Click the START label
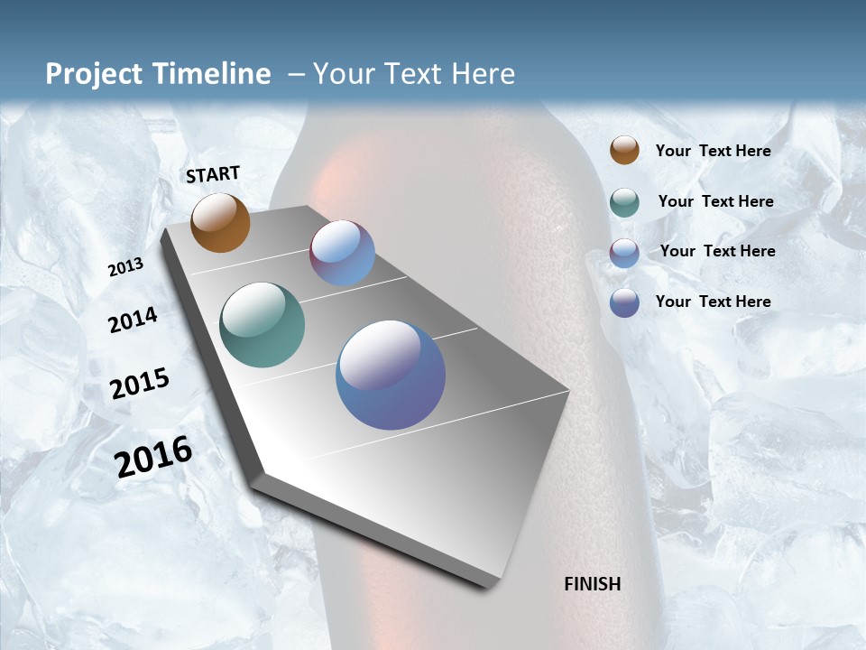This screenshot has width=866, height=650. click(x=213, y=174)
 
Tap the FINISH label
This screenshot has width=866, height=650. click(x=592, y=584)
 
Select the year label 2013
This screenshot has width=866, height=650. click(x=125, y=267)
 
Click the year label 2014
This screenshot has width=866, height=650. click(x=133, y=320)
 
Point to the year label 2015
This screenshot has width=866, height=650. click(x=140, y=384)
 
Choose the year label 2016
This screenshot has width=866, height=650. click(x=153, y=457)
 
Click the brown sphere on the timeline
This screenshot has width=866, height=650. click(x=220, y=223)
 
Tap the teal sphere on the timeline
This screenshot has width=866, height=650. click(x=262, y=325)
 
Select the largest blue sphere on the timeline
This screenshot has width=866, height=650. click(x=391, y=375)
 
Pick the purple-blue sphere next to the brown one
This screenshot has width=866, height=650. click(x=342, y=253)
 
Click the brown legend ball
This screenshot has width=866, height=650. click(x=624, y=151)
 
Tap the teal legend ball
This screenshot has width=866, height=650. click(x=624, y=201)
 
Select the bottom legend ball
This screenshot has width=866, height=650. click(x=624, y=302)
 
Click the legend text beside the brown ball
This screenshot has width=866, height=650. click(x=713, y=151)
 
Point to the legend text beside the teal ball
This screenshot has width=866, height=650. click(x=715, y=201)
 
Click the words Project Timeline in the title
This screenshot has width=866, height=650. click(x=158, y=74)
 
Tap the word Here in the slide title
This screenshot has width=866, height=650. click(x=483, y=74)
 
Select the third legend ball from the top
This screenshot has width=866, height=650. click(x=624, y=252)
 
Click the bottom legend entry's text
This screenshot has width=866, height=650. click(x=713, y=302)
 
